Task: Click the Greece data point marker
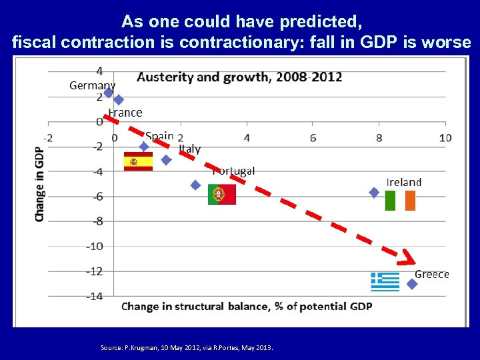412,284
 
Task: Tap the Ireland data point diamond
374,193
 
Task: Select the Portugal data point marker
195,185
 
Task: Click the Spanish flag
138,161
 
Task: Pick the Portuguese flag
221,194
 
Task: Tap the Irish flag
400,201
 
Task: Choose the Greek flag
385,282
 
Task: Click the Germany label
92,85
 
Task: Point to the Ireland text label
404,182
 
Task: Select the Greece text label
432,274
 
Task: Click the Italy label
189,149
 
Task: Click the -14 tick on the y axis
94,296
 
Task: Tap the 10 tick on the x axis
445,138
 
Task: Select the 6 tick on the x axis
313,138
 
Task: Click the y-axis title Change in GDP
40,184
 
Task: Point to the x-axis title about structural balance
246,307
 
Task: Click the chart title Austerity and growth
239,77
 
